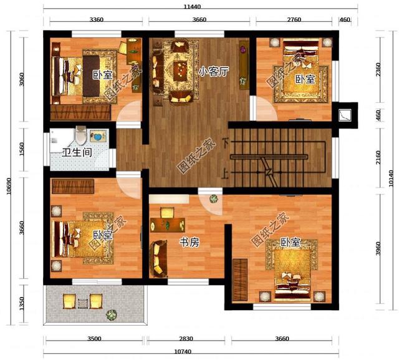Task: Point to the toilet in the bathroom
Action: (x=80, y=135)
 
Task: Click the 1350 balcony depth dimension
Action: (x=22, y=304)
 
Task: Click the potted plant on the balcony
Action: (x=111, y=315)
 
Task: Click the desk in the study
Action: (x=168, y=221)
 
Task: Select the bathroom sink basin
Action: (x=97, y=135)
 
